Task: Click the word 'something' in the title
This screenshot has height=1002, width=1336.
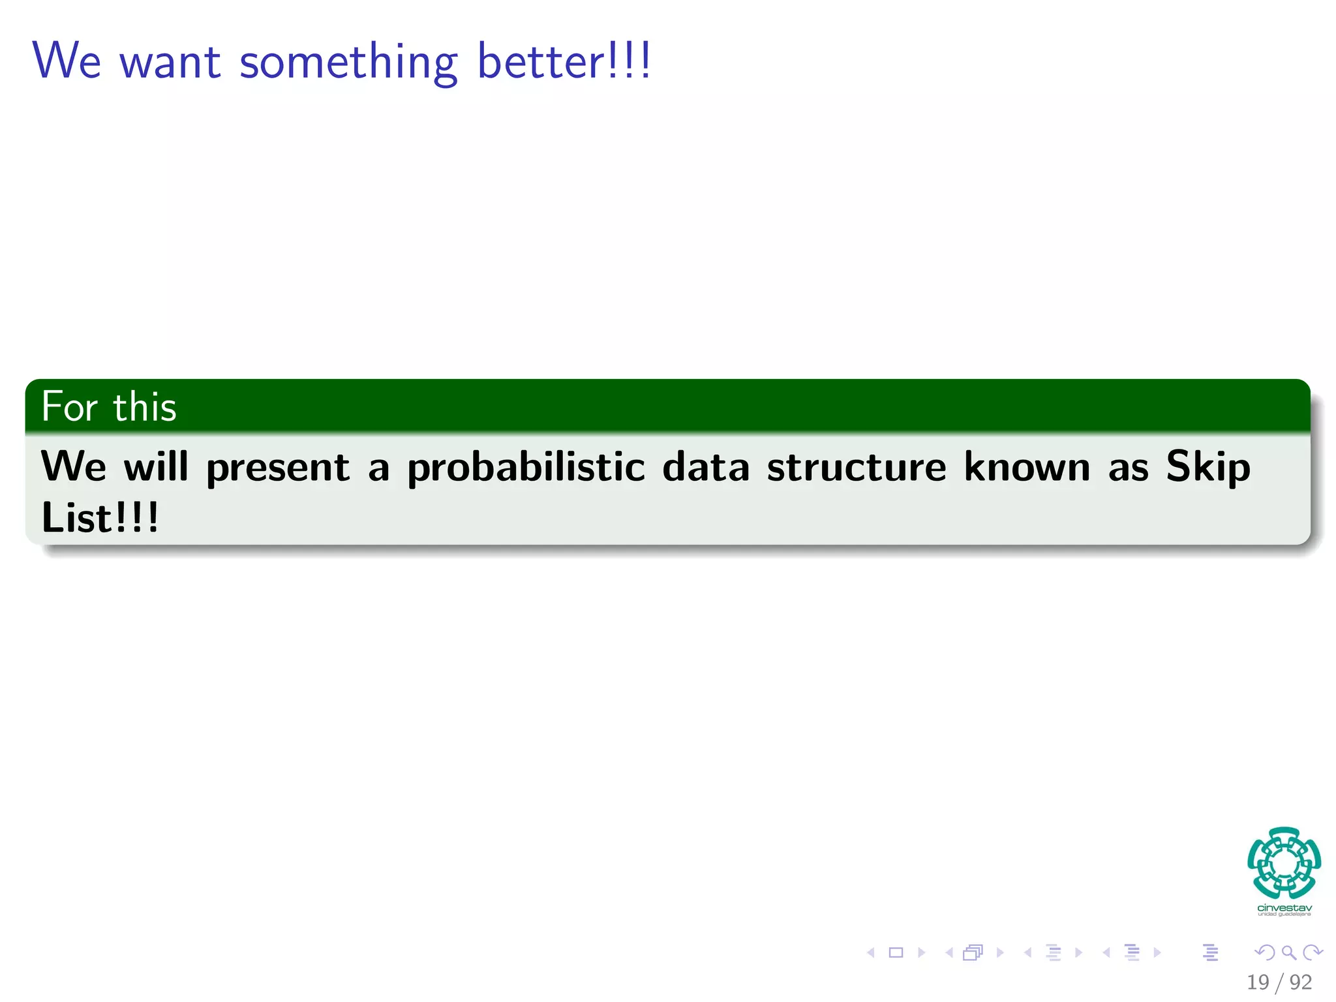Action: click(348, 63)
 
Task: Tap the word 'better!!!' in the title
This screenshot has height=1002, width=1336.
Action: click(564, 61)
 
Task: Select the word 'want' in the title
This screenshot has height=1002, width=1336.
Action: click(170, 63)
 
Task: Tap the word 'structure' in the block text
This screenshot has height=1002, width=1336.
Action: click(856, 467)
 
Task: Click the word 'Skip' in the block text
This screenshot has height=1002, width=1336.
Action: click(1208, 467)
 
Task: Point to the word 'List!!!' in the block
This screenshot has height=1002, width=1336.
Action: click(100, 518)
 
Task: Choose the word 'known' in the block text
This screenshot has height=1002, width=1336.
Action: click(1027, 467)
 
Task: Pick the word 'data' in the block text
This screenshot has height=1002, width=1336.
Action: click(706, 467)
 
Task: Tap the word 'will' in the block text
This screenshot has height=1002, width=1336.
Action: click(156, 467)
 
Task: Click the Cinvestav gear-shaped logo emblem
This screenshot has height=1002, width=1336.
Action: click(1284, 862)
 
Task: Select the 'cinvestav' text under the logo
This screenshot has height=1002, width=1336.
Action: click(1284, 908)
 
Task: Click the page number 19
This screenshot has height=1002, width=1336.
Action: click(1258, 982)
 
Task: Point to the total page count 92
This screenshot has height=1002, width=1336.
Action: click(1301, 982)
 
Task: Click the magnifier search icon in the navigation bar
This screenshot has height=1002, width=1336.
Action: click(1288, 952)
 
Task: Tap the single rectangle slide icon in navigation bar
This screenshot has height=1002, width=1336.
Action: click(896, 952)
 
